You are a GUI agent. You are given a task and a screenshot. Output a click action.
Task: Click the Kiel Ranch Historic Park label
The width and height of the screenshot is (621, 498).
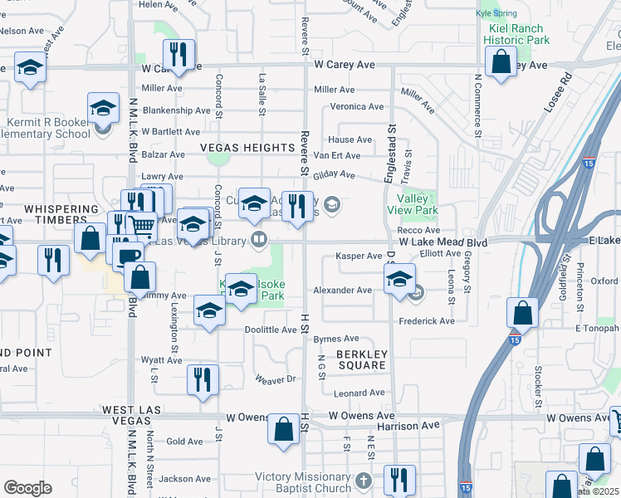(x=516, y=33)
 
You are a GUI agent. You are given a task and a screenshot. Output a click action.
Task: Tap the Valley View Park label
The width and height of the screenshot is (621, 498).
(x=407, y=204)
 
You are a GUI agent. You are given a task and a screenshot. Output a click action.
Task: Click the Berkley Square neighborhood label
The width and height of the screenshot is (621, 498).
(x=361, y=359)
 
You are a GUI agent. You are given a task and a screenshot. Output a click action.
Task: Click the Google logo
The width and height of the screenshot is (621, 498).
(x=27, y=488)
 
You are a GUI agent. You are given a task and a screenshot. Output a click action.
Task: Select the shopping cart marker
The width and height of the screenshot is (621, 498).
(x=142, y=224)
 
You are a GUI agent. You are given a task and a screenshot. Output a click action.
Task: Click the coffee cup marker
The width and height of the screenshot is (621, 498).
(x=127, y=256)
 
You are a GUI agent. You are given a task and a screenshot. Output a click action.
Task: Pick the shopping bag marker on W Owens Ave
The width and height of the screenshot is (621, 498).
(x=284, y=429)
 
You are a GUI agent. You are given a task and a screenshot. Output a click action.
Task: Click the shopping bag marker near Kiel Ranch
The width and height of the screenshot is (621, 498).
(x=501, y=62)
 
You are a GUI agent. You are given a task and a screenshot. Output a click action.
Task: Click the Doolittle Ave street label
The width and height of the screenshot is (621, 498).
(x=271, y=330)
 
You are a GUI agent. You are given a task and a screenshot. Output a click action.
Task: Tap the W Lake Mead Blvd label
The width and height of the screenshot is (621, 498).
(x=441, y=241)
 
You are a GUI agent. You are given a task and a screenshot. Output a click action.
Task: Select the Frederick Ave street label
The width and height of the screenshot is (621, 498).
(x=427, y=320)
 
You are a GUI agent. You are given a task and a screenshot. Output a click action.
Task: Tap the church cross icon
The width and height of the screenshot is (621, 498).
(x=363, y=481)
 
